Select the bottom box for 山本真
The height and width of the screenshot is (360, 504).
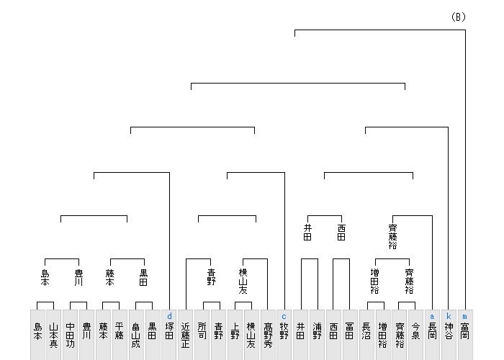54,335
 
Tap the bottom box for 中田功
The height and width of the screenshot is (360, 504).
70,335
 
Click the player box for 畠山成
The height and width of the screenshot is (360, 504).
135,335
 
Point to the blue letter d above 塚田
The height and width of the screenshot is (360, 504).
169,316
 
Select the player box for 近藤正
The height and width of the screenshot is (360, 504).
186,335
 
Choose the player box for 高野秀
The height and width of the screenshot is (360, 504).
269,335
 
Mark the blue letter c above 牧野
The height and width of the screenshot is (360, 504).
284,316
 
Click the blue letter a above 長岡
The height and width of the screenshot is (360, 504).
432,316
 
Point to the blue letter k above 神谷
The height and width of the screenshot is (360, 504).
449,316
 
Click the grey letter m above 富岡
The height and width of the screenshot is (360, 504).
465,316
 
